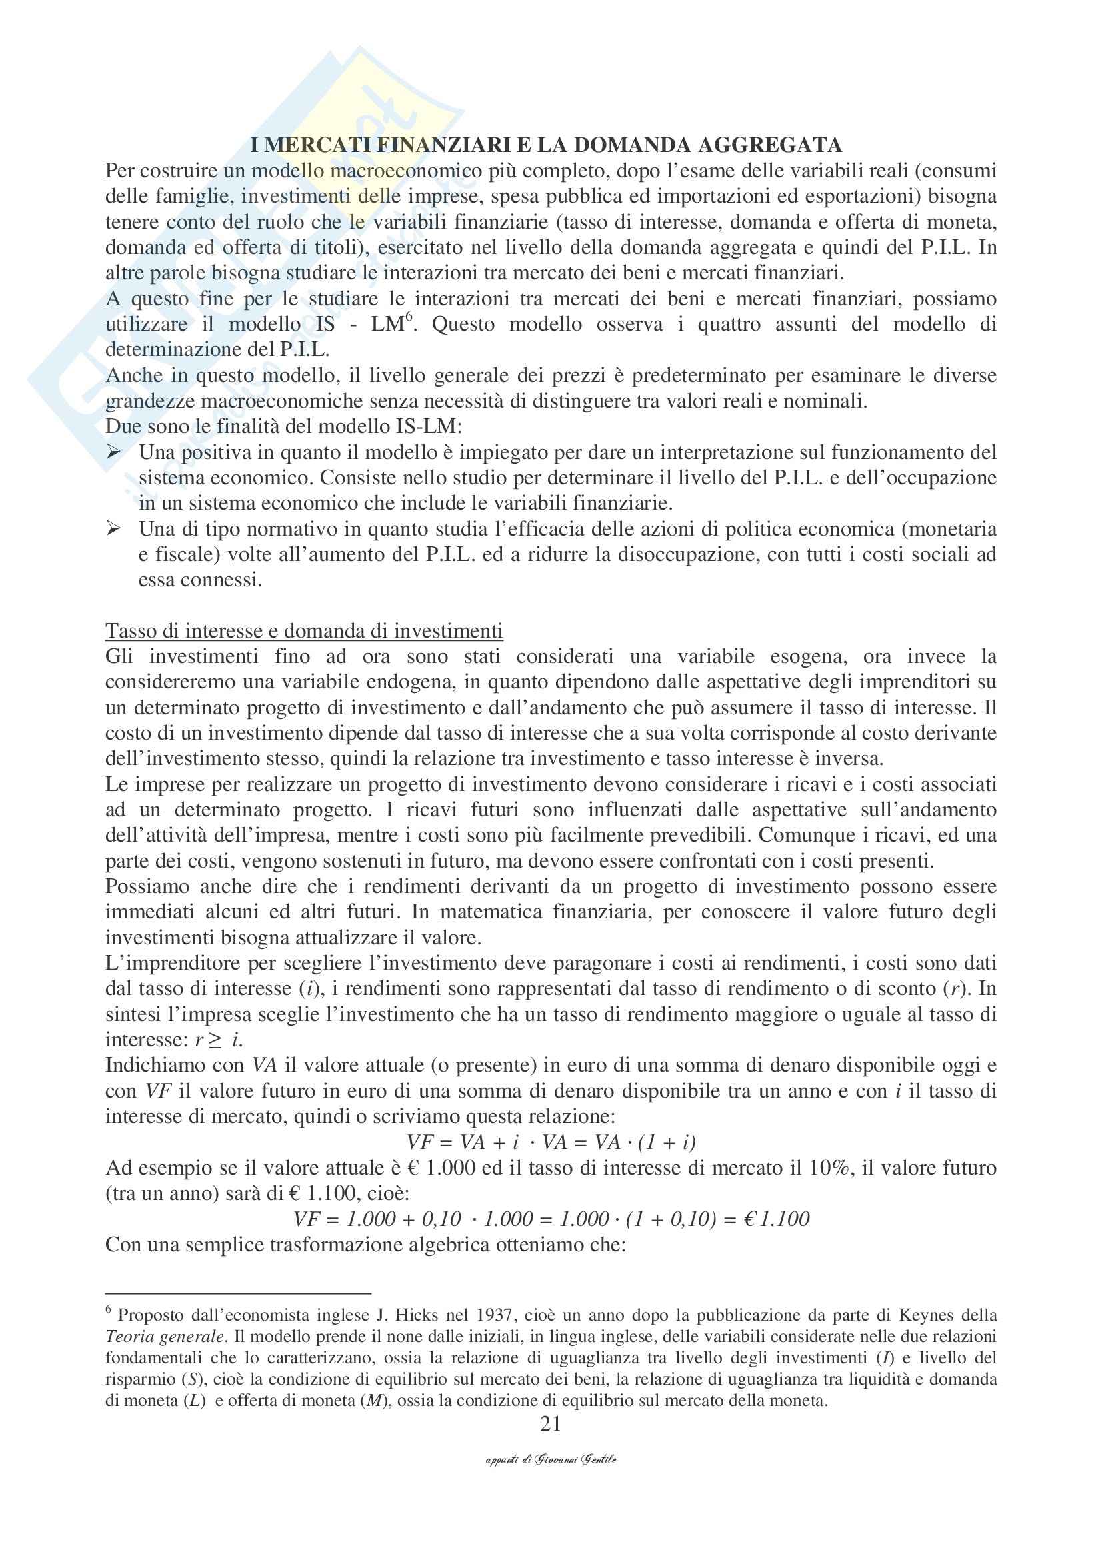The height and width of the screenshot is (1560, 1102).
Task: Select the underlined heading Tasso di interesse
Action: pos(304,630)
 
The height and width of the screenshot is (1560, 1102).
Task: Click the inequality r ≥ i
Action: pos(219,1040)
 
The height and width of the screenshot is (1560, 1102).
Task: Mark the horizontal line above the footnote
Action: pos(237,1293)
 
